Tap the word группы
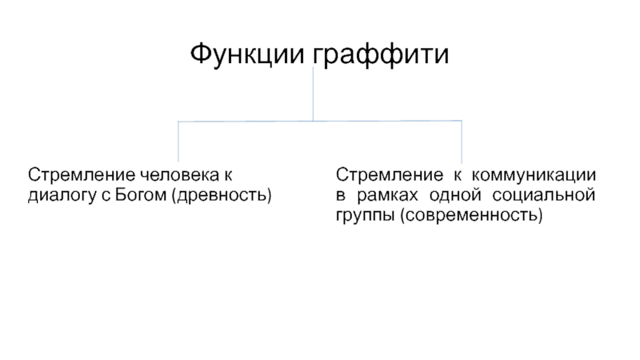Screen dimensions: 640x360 pyautogui.click(x=365, y=215)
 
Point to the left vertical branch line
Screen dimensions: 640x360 pyautogui.click(x=178, y=140)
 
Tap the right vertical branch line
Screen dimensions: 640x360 pyautogui.click(x=462, y=140)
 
